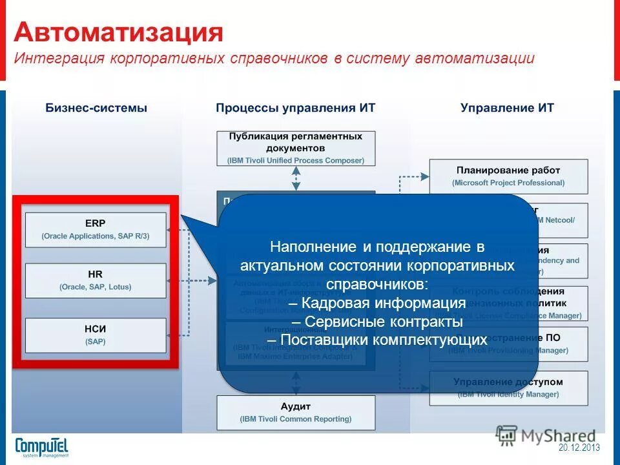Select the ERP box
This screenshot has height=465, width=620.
pos(96,229)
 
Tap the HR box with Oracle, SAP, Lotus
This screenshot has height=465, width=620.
pos(96,280)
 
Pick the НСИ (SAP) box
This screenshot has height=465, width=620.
pos(96,335)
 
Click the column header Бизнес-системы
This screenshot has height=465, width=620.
pos(96,108)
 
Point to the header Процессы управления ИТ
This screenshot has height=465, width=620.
pos(295,108)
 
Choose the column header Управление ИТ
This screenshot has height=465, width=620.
pos(507,108)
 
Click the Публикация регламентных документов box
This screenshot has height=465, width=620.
pos(296,148)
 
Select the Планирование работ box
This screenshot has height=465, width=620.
pos(508,176)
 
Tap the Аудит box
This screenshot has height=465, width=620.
pos(296,412)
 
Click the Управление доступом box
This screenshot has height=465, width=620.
pos(508,387)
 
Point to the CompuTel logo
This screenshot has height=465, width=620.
pos(41,447)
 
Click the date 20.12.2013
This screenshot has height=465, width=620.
pos(579,448)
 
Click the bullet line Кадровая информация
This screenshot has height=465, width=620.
pos(377,304)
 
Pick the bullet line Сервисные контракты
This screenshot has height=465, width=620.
pos(377,322)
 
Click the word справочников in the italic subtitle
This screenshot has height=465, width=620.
pos(277,58)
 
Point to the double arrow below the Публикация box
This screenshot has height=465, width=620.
pos(296,176)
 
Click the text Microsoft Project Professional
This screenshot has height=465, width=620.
pos(508,183)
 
